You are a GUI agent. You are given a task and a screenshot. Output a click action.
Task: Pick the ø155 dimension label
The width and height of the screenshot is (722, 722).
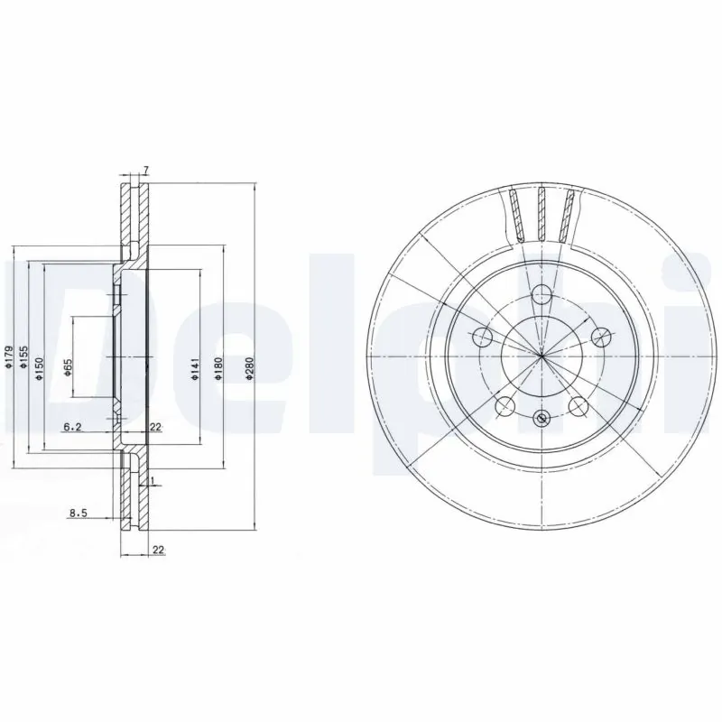coord(25,362)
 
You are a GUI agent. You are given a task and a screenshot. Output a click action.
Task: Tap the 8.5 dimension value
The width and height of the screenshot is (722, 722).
coord(78,514)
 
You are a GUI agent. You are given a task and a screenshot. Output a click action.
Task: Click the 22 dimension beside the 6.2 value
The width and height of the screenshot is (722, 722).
coord(155,428)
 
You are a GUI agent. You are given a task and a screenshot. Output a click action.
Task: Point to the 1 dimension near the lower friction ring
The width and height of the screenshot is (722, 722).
coord(153,481)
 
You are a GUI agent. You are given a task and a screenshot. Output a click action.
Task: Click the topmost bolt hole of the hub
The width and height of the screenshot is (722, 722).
coord(541,293)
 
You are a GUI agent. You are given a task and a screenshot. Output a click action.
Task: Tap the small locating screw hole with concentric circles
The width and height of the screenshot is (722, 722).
coord(541,417)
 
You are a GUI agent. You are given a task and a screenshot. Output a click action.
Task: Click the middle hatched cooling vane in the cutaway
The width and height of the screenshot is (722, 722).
coord(541,214)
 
